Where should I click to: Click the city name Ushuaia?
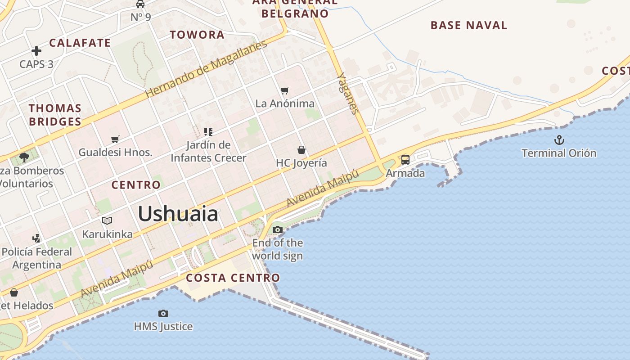tap(178, 214)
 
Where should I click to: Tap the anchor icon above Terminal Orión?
tap(559, 140)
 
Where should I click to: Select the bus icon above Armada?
tap(405, 160)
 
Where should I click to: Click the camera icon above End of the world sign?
tap(277, 230)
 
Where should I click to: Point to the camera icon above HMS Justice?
tap(163, 313)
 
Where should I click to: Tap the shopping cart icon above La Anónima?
tap(284, 90)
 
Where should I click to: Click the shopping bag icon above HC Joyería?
tap(301, 150)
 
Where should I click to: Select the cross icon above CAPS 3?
tap(36, 51)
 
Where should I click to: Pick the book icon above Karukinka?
tap(107, 220)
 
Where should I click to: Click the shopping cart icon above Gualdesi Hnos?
tap(115, 139)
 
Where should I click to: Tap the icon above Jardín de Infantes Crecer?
tap(208, 132)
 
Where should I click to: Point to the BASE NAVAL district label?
tap(469, 25)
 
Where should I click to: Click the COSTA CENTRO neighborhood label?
tap(233, 278)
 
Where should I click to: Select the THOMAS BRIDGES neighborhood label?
tap(55, 115)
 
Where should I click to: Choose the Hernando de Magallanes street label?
tap(206, 69)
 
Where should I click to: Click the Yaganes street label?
tap(348, 93)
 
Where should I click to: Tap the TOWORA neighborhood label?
tap(197, 35)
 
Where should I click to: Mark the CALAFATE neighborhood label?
tap(80, 43)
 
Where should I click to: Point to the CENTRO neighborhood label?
tap(136, 185)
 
